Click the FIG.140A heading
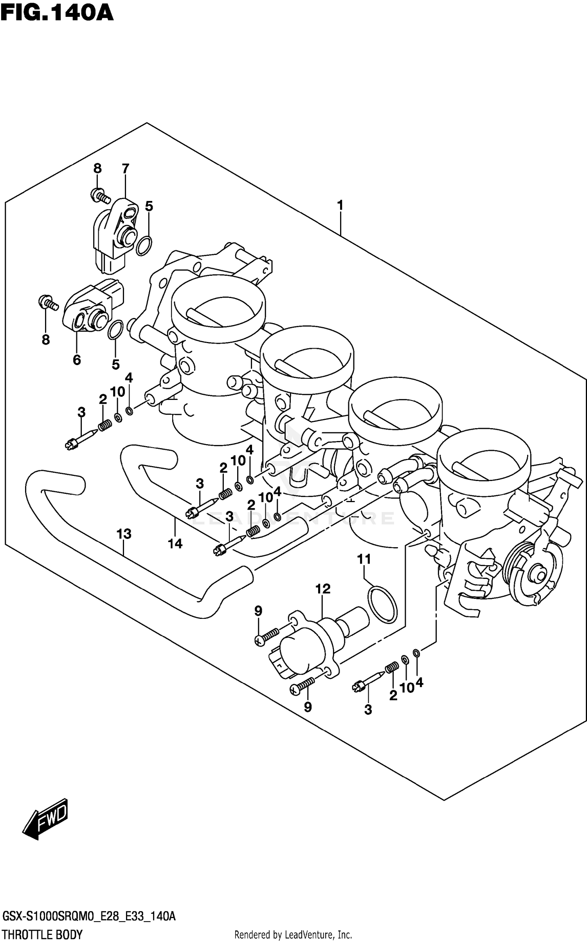(57, 13)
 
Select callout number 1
(340, 205)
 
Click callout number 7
(125, 169)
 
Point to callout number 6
(77, 360)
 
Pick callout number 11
(364, 559)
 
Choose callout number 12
(323, 589)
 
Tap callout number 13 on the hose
(124, 534)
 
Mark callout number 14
(175, 543)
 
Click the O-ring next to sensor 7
(144, 246)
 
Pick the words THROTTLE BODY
(42, 935)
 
